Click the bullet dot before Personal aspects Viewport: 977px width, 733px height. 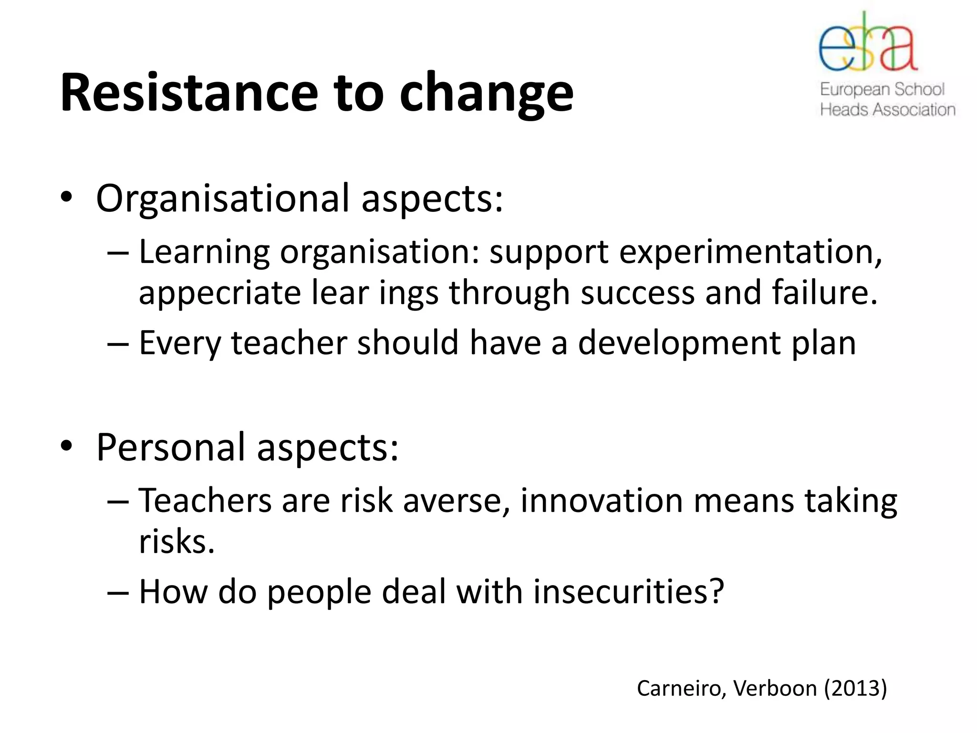point(66,446)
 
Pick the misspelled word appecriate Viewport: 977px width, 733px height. point(219,293)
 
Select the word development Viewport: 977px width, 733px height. point(679,344)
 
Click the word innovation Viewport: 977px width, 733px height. point(602,501)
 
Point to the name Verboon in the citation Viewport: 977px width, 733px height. point(775,689)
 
